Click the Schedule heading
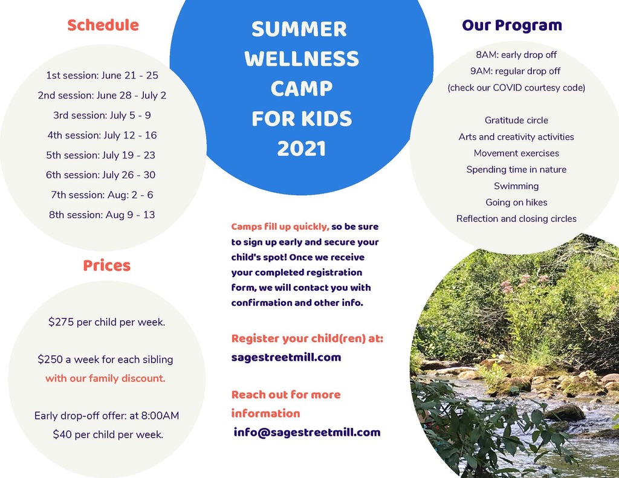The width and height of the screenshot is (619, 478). [103, 25]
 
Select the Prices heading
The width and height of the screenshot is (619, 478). [106, 265]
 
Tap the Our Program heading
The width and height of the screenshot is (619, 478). [512, 25]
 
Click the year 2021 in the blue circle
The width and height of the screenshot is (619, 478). [302, 149]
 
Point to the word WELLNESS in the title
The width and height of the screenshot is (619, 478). [302, 59]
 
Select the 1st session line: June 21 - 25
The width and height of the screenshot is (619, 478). [102, 75]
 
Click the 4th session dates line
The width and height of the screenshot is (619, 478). [102, 135]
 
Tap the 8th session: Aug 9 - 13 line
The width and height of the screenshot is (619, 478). [102, 215]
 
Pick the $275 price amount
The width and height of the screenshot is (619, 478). [61, 321]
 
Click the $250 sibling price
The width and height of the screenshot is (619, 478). [50, 359]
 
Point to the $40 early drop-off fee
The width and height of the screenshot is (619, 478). [62, 434]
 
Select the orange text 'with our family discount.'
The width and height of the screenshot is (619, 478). [105, 378]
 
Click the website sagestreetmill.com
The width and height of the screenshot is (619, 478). [286, 357]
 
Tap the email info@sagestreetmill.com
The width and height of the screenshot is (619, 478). [307, 432]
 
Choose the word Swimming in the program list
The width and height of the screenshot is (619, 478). [516, 186]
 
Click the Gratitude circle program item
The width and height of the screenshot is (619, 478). [516, 120]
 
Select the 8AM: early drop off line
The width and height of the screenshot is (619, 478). [516, 54]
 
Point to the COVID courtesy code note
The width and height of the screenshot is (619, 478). [516, 88]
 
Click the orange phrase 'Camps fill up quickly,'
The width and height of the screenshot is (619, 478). [280, 227]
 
